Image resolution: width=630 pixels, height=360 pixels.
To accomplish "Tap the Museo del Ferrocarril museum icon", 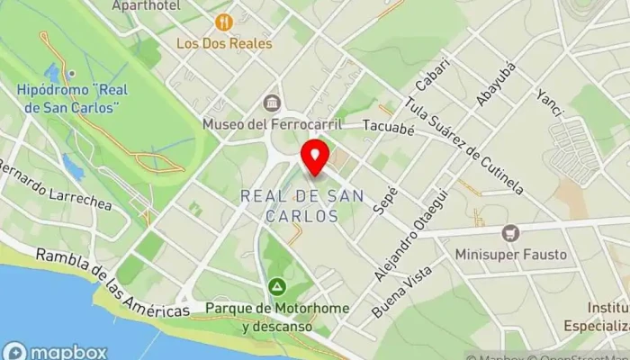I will [x=270, y=103].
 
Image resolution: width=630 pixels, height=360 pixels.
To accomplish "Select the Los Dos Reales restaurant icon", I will [x=224, y=22].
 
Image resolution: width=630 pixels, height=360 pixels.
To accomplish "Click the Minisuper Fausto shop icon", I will [x=510, y=233].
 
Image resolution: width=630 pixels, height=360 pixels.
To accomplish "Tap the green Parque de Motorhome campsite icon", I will [x=276, y=287].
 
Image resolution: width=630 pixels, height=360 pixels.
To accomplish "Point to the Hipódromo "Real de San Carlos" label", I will [x=68, y=99].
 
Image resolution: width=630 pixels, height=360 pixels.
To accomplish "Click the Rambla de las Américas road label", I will [x=112, y=282].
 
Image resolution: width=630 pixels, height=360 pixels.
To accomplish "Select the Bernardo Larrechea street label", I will [x=55, y=185].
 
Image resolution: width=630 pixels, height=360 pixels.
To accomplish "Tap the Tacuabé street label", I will [x=387, y=130].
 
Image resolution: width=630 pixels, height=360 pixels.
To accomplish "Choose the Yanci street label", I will [x=548, y=103].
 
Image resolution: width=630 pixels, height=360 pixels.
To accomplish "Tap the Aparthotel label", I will [x=146, y=5].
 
